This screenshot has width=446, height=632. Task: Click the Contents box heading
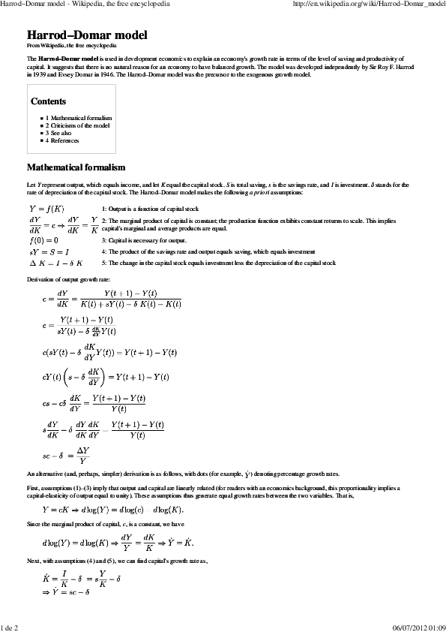coord(48,101)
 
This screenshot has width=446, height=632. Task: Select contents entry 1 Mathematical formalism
coord(79,119)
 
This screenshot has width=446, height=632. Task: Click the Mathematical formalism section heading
coord(76,167)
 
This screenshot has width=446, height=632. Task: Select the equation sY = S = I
coord(48,252)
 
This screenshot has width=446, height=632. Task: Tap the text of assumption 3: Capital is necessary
coord(144,240)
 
